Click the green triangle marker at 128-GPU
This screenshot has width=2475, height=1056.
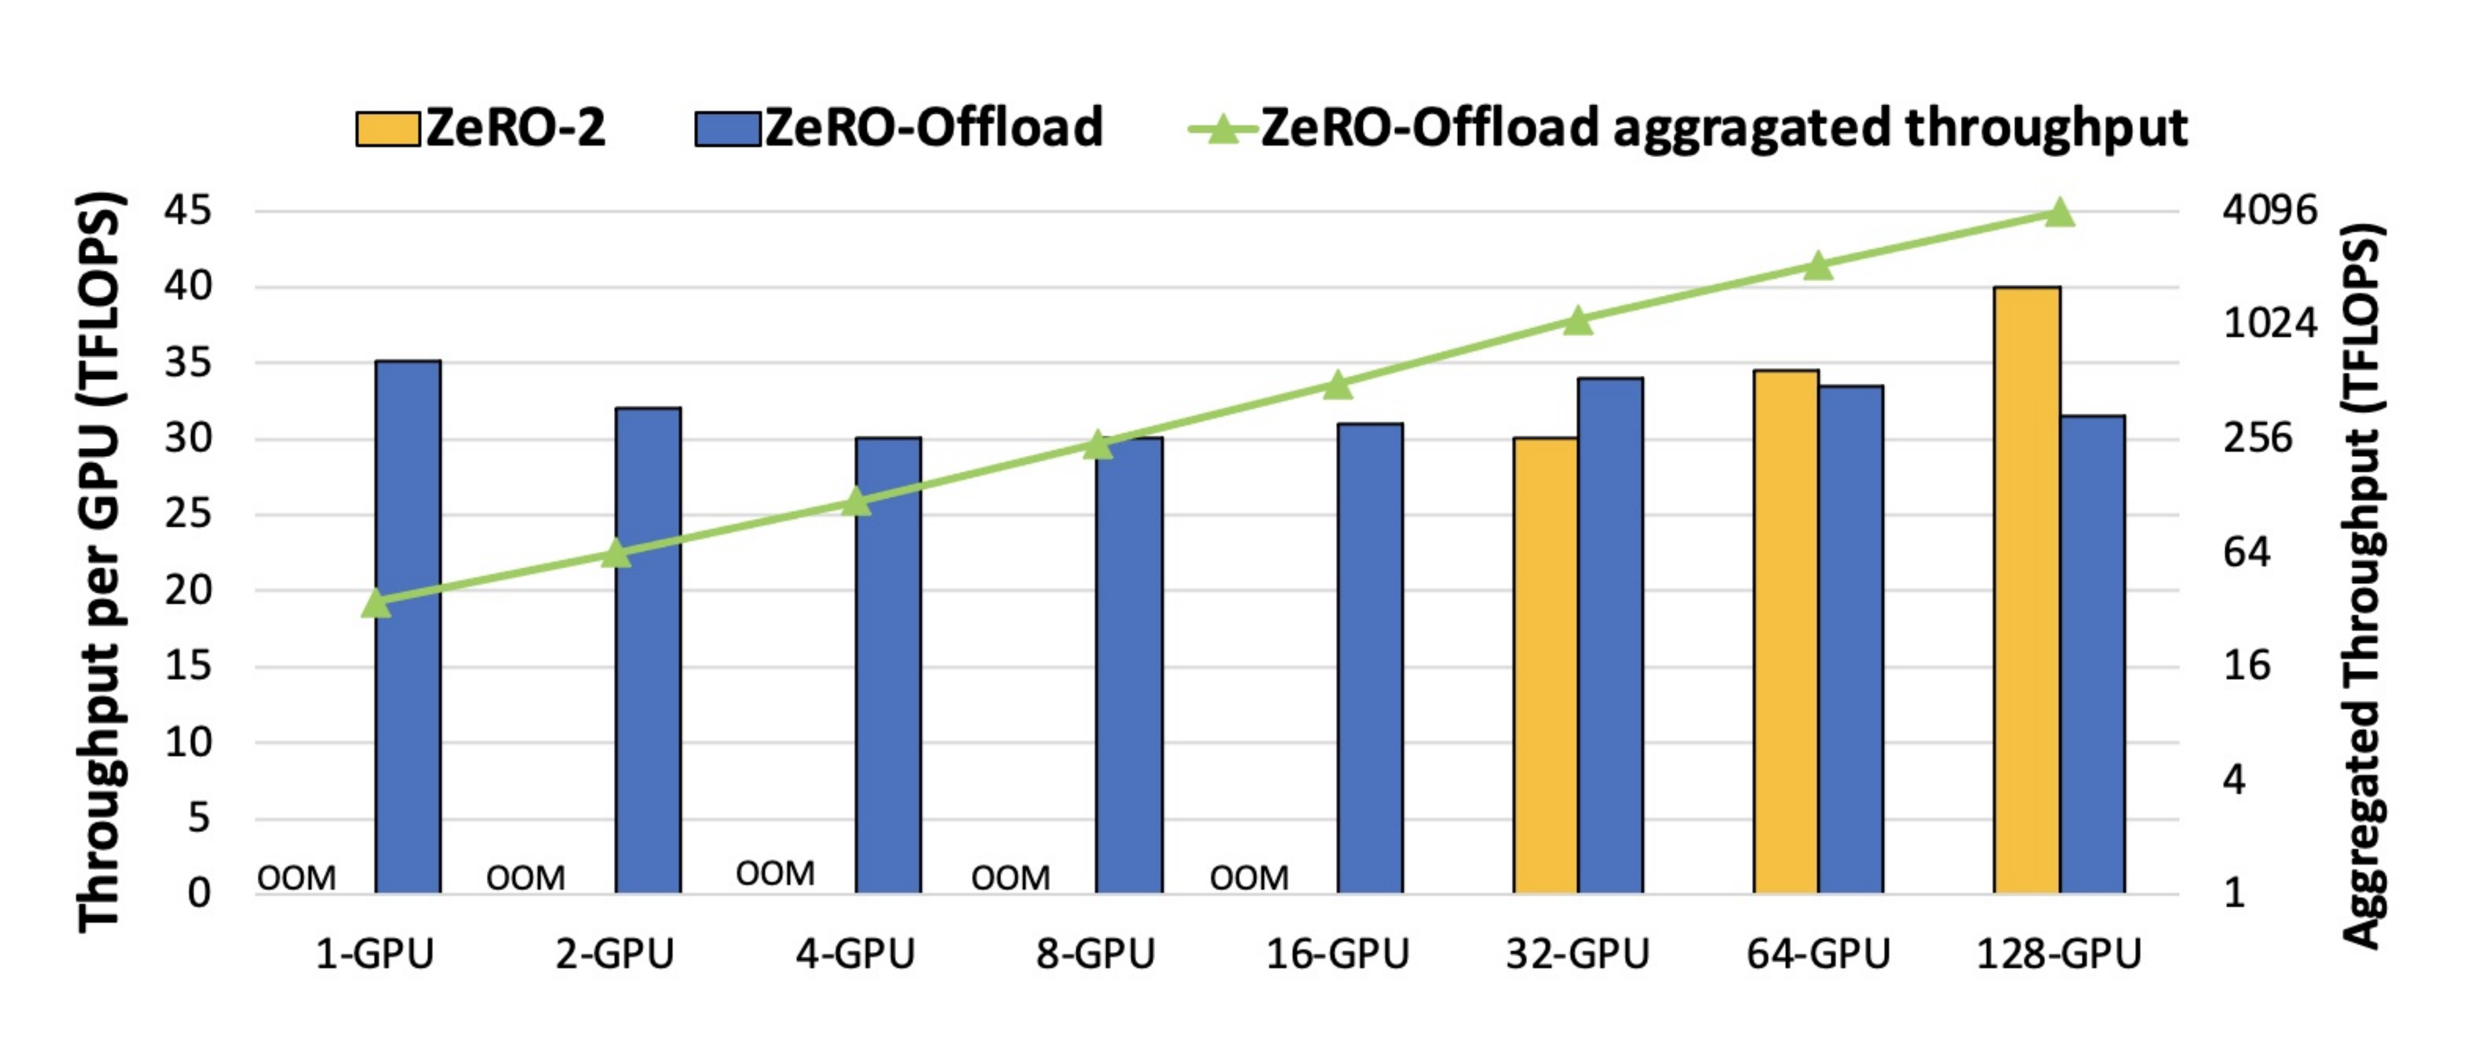pyautogui.click(x=2058, y=212)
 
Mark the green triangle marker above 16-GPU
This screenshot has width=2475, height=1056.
pyautogui.click(x=1337, y=385)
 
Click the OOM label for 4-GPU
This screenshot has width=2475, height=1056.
pyautogui.click(x=775, y=873)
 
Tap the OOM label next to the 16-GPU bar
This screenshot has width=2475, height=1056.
pyautogui.click(x=1248, y=877)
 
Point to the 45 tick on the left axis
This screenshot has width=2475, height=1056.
pyautogui.click(x=187, y=209)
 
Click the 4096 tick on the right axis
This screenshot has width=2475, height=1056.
pyautogui.click(x=2270, y=209)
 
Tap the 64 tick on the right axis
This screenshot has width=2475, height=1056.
pyautogui.click(x=2246, y=552)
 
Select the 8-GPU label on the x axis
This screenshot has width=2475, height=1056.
pyautogui.click(x=1095, y=954)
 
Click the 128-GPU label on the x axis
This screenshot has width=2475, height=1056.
pyautogui.click(x=2058, y=954)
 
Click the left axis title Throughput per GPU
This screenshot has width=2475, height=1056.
pyautogui.click(x=99, y=562)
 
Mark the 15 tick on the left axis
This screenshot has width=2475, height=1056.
pyautogui.click(x=187, y=665)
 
